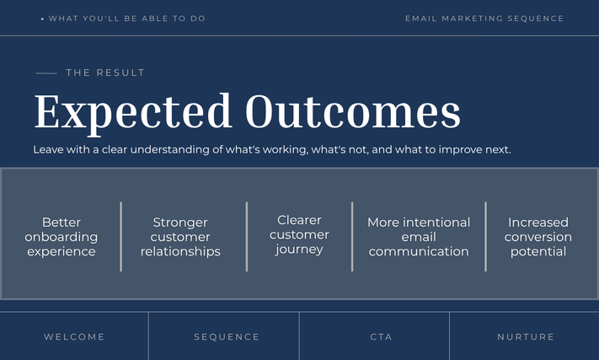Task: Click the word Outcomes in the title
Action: (x=353, y=111)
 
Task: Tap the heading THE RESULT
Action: (x=105, y=73)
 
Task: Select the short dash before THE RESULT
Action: (x=46, y=73)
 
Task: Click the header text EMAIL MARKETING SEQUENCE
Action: (x=484, y=19)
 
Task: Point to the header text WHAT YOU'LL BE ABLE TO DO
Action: (x=127, y=19)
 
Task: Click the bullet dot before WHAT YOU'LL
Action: (x=42, y=19)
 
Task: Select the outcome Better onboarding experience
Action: (x=62, y=237)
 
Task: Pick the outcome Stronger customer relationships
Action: (x=180, y=237)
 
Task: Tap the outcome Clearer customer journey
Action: (x=299, y=234)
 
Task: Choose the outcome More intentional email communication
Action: (x=419, y=237)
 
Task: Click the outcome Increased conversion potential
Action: (x=537, y=237)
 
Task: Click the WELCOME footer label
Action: (x=74, y=336)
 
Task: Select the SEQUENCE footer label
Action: (x=227, y=336)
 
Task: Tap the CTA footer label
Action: (x=381, y=336)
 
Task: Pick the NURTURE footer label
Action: (x=526, y=336)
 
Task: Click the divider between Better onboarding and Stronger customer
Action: (x=121, y=237)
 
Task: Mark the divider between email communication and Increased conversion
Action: (x=485, y=237)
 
